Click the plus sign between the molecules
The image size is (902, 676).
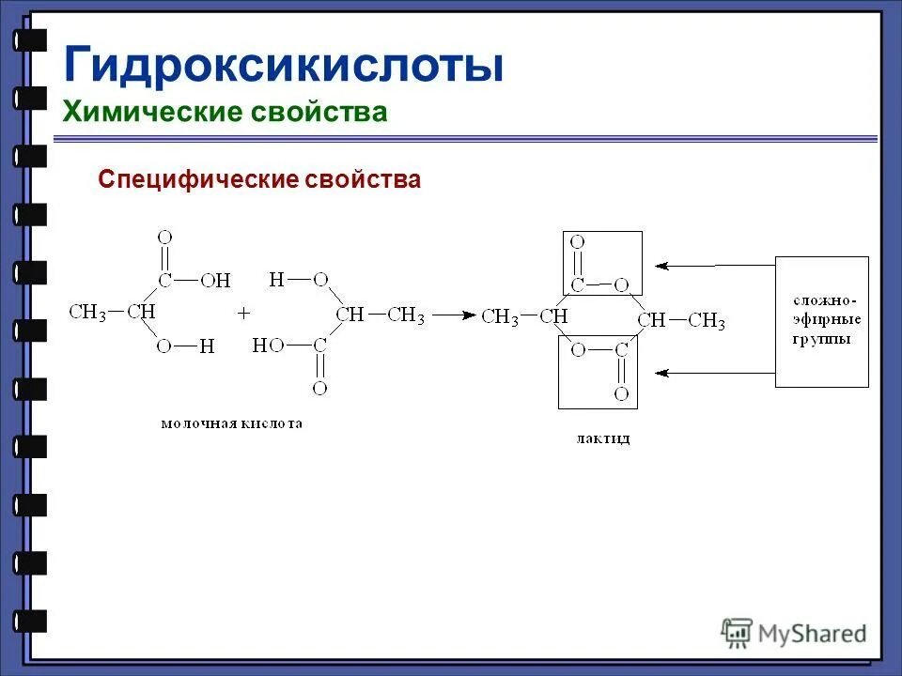[243, 311]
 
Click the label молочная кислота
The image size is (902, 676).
[232, 423]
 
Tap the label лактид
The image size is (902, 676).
[602, 438]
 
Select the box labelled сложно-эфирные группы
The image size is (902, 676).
[821, 321]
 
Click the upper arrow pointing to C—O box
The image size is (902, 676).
[714, 266]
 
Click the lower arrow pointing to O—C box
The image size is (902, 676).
[714, 373]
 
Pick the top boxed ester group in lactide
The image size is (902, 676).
[602, 263]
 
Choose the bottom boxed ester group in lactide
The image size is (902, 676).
[598, 373]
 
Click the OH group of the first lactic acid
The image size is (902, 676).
[215, 281]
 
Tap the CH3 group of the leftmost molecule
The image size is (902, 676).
[87, 312]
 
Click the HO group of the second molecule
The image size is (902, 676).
[268, 346]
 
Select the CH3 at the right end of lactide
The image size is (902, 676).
[707, 321]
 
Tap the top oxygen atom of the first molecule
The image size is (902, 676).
[165, 238]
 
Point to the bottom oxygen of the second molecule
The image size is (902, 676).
[319, 387]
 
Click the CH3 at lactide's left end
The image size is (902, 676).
[500, 317]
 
